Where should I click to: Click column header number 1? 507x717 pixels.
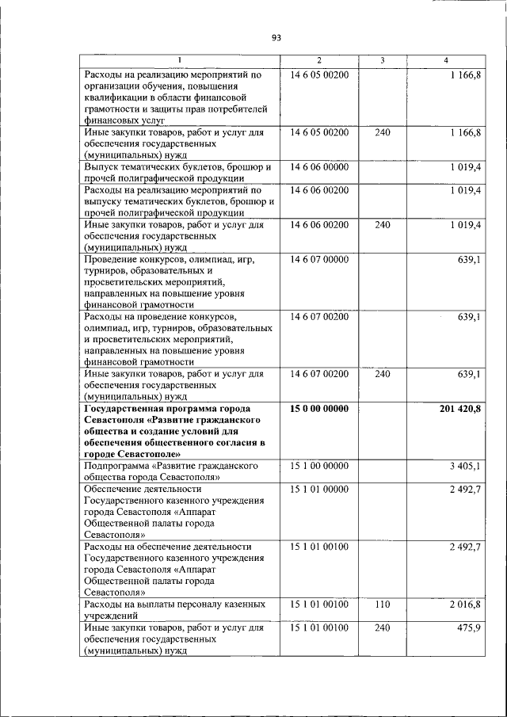pos(180,61)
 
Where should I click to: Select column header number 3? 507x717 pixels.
pos(382,61)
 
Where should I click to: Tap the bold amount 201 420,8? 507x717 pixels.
pos(459,408)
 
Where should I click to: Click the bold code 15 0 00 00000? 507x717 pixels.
pos(319,408)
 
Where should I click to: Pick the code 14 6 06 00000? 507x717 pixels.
pos(319,167)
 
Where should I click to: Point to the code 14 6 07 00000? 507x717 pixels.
pos(319,259)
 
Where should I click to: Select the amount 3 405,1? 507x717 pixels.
pos(465,466)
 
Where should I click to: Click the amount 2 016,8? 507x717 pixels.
pos(465,604)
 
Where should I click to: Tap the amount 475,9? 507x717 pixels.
pos(469,627)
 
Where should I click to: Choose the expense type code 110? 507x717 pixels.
pos(383,604)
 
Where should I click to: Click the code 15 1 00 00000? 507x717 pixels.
pos(319,466)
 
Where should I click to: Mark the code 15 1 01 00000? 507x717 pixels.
pos(319,489)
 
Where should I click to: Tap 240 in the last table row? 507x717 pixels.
pos(383,627)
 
